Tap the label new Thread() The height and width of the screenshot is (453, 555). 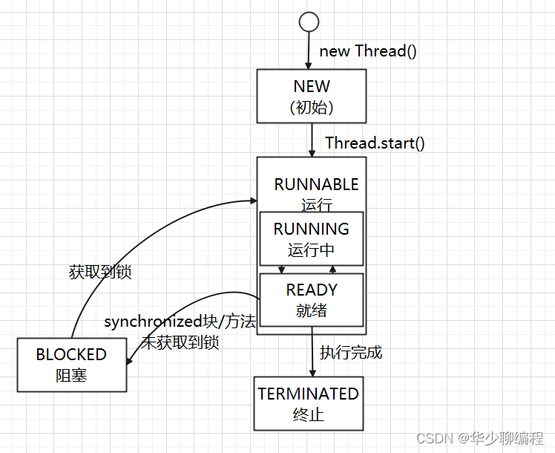368,51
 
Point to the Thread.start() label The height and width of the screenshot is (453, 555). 375,143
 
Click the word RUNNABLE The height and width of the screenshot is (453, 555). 316,184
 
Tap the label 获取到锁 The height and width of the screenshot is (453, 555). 100,272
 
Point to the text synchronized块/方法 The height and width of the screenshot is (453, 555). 180,322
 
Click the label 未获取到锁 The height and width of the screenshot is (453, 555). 180,342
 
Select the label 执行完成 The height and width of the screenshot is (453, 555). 351,353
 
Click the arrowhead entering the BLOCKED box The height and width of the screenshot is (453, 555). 129,361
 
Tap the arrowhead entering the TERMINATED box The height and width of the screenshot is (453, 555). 312,373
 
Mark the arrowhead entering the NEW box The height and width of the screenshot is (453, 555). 309,65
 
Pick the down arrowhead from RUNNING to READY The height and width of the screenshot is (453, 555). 281,270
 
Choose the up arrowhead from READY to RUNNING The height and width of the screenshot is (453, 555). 332,269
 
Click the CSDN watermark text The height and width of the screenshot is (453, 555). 479,438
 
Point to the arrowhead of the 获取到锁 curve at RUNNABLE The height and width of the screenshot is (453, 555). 254,201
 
